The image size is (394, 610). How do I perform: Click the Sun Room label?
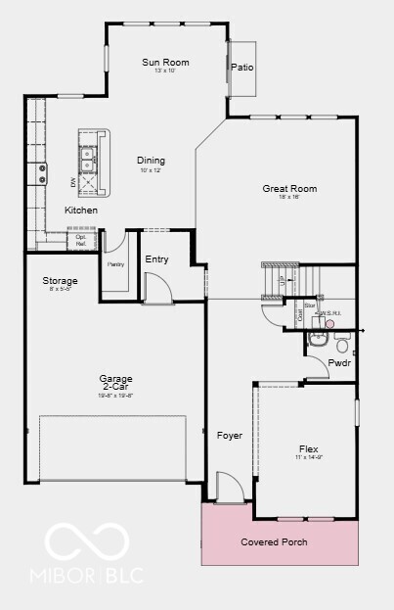pos(165,63)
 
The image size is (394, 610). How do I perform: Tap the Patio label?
pos(241,68)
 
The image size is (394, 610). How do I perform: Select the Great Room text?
pos(288,188)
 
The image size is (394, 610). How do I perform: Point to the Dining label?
pos(151,161)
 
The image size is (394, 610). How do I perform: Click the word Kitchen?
pos(81,211)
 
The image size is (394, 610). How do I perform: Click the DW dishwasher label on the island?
pos(72,182)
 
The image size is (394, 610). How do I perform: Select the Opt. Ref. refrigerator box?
pos(81,238)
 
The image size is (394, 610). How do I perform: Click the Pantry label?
pos(114,264)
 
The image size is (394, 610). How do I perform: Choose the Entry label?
pos(156,259)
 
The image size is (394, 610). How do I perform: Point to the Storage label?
pos(60,281)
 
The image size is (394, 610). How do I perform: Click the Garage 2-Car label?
pos(115,383)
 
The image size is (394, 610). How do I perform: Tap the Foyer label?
pos(229,435)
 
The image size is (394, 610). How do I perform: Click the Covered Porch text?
pos(274,541)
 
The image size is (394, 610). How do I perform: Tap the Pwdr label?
pos(339,362)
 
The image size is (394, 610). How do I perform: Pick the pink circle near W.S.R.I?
pos(330,324)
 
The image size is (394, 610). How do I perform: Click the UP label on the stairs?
pos(283,279)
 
